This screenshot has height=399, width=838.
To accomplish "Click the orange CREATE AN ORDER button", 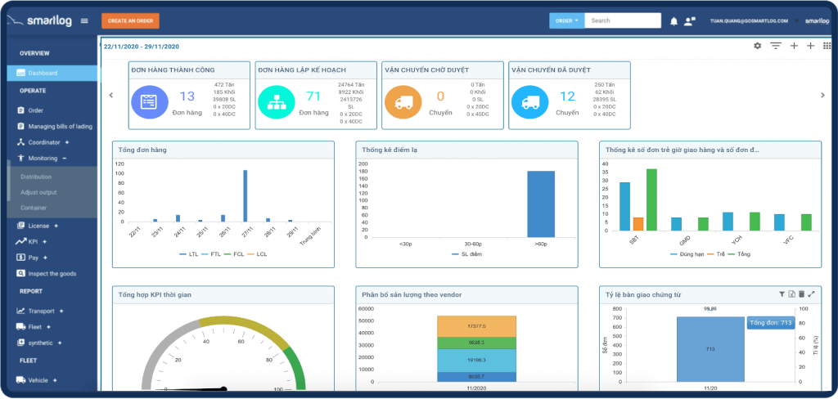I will [x=130, y=20].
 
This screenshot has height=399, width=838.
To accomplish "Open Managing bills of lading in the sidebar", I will [x=60, y=126].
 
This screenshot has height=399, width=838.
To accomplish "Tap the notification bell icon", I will [x=674, y=21].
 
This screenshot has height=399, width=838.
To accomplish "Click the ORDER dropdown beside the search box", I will [x=566, y=20].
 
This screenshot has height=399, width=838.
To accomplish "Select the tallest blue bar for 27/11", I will [x=245, y=195].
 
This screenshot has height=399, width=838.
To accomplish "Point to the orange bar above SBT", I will [x=638, y=223].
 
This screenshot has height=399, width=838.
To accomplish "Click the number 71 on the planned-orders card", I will [x=313, y=97].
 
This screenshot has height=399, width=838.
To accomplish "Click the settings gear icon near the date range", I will [x=757, y=46].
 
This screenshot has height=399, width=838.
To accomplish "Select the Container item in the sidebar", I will [x=34, y=208].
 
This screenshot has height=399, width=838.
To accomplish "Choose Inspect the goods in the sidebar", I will [x=52, y=273].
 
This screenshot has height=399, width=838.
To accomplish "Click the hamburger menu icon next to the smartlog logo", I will [x=84, y=20].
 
